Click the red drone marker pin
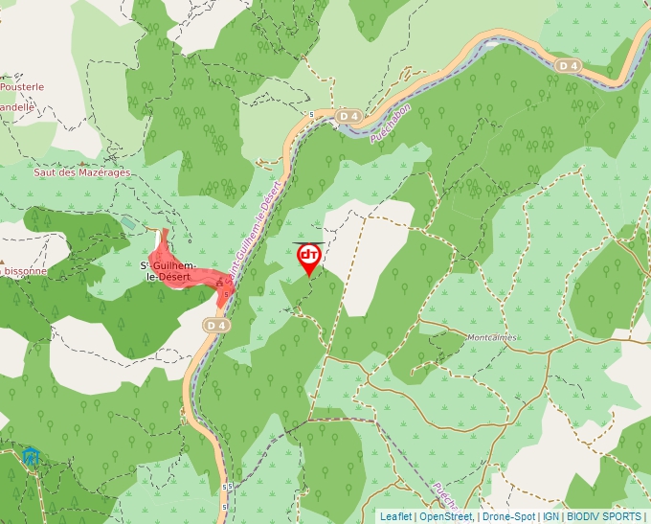point(308,257)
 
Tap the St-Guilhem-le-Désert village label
point(169,270)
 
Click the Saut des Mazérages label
point(81,172)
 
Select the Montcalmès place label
point(491,337)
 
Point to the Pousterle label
point(22,86)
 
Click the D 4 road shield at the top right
point(567,65)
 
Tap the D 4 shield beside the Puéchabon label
point(348,116)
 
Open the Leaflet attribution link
point(396,516)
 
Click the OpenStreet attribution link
point(446,516)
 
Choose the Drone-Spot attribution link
point(508,516)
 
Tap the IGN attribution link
point(550,516)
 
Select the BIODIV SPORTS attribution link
point(604,516)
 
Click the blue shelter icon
point(33,455)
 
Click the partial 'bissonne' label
point(23,271)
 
